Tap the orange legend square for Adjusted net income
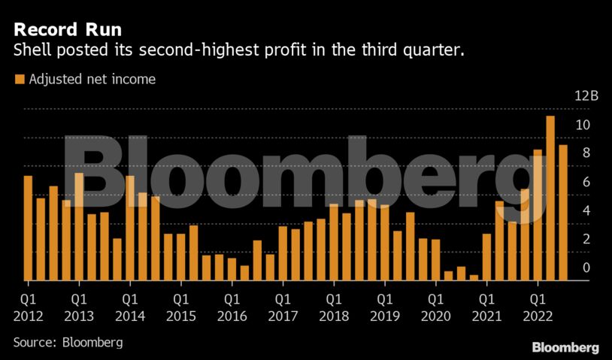pos(20,79)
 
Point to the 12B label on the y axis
pos(586,96)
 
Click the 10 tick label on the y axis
pos(582,125)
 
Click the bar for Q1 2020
pos(436,260)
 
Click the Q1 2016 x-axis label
pos(232,308)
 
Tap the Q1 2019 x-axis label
pos(385,308)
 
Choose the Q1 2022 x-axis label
pos(538,308)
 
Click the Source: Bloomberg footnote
pos(68,342)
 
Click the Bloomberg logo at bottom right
pos(565,347)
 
